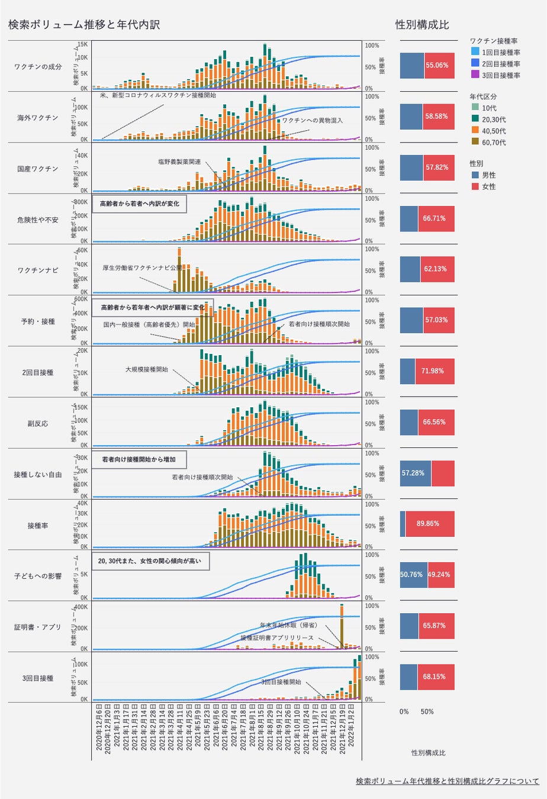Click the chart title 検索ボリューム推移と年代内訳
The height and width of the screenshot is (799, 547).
click(x=83, y=25)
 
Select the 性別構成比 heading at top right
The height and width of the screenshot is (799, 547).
click(x=421, y=25)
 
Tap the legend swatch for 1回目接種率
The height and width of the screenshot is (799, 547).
click(x=475, y=53)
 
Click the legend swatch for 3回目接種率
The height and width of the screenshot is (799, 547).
click(x=475, y=75)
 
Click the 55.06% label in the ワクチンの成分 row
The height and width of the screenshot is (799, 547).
click(x=437, y=65)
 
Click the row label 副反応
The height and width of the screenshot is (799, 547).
click(x=38, y=424)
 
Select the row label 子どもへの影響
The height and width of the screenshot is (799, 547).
click(x=38, y=576)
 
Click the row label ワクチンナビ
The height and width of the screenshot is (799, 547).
click(x=38, y=270)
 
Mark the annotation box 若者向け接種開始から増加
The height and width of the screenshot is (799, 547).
click(x=139, y=459)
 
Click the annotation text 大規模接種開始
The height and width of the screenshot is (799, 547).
click(x=146, y=369)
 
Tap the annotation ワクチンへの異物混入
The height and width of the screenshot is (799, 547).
click(x=312, y=120)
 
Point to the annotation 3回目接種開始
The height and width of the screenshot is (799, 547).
click(x=281, y=682)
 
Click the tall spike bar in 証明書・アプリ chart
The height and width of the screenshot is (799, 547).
click(x=342, y=626)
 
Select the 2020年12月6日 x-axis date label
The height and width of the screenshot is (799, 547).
click(x=98, y=732)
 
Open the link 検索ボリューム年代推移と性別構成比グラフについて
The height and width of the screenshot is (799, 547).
click(x=448, y=781)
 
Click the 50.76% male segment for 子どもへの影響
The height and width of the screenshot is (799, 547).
click(x=413, y=575)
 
